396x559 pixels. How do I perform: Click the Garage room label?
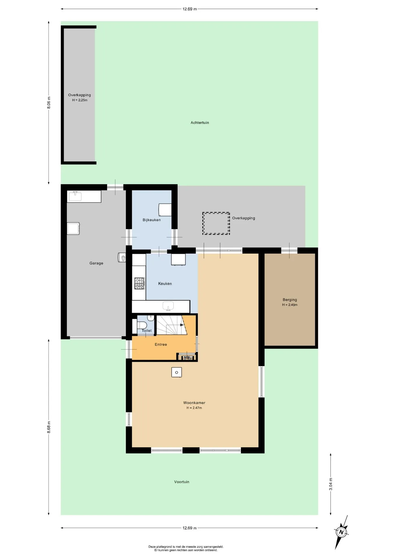click(96, 263)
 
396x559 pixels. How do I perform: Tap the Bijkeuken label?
click(152, 220)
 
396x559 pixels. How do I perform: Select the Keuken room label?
click(165, 284)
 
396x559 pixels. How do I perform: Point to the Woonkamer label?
click(194, 403)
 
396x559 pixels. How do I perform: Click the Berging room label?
click(290, 300)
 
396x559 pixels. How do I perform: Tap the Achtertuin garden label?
click(200, 123)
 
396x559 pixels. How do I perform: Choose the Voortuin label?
click(182, 482)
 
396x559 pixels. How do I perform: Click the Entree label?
click(161, 344)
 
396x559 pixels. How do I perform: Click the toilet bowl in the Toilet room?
click(142, 325)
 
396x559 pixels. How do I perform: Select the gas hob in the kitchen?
click(139, 283)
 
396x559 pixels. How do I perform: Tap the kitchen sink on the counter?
click(169, 306)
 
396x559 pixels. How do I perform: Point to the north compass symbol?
click(341, 532)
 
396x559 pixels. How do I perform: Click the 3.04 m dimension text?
click(331, 484)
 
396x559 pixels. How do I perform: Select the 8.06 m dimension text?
click(49, 102)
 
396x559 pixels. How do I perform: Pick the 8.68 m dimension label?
click(49, 427)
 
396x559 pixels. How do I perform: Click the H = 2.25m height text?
click(80, 100)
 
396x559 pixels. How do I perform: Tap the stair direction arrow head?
click(182, 325)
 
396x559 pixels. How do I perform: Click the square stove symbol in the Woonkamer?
click(176, 372)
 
